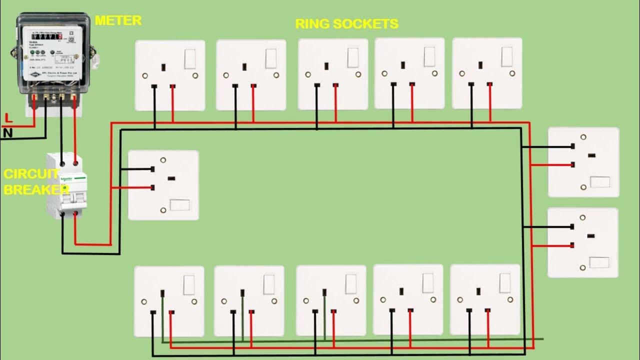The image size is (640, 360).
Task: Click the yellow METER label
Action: pos(118,20)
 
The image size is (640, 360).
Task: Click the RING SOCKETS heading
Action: pos(346,23)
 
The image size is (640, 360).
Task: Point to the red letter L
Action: pos(7,118)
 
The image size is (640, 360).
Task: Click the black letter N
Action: pos(7,132)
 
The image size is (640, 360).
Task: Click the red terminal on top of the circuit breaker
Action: pos(75,162)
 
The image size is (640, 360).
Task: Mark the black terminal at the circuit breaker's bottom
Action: pos(62,214)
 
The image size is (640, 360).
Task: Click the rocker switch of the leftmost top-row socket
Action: pos(190,59)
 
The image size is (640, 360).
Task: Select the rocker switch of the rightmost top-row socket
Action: pos(507,57)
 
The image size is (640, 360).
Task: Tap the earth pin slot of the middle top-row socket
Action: pos(326,65)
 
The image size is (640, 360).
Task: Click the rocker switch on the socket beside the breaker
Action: pos(179,204)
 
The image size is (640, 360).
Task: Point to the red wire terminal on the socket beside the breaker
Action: pos(151,188)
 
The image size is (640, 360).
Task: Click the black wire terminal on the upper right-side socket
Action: pos(572,147)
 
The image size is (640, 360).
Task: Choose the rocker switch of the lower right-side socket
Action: pos(599,262)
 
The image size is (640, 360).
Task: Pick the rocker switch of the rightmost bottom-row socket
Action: pos(504,283)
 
